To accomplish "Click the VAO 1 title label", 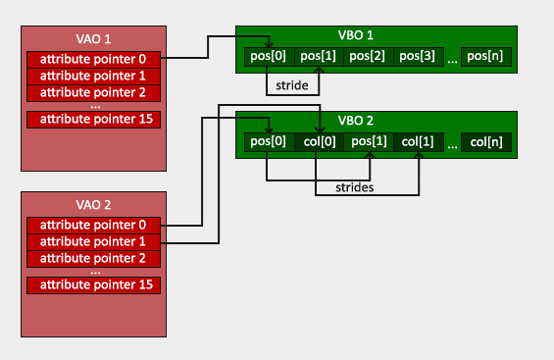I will [x=93, y=40].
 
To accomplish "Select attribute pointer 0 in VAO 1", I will [x=93, y=59].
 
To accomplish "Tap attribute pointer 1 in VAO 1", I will [x=93, y=76].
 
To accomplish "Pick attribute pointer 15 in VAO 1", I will [x=93, y=119].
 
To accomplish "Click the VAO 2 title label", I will [x=93, y=206].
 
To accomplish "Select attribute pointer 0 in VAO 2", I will [x=93, y=225].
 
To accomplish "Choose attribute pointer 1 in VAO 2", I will [x=93, y=241].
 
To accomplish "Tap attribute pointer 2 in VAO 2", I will [x=93, y=258].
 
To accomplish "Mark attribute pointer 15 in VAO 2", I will [x=93, y=284].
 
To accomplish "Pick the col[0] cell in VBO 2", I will [x=319, y=143].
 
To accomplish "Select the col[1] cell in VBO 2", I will [x=419, y=143].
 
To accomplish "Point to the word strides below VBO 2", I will [x=353, y=185].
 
